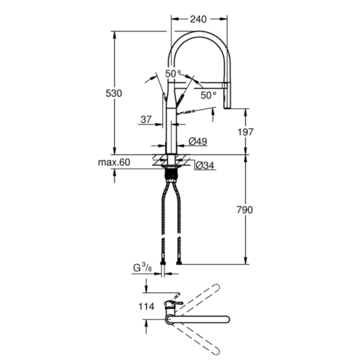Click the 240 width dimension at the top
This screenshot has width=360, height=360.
[x=198, y=19]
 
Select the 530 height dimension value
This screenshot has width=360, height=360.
[x=113, y=93]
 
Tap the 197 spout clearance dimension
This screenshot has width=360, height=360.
[x=245, y=132]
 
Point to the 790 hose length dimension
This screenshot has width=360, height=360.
[x=245, y=210]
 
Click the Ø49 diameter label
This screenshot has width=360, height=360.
[x=198, y=141]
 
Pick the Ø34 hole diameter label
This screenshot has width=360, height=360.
[x=205, y=165]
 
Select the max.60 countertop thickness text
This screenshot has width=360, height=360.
[x=114, y=162]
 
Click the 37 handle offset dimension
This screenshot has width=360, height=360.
[x=146, y=119]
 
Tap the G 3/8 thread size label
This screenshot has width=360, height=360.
[x=143, y=268]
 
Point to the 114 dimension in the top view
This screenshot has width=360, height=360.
[x=146, y=307]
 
